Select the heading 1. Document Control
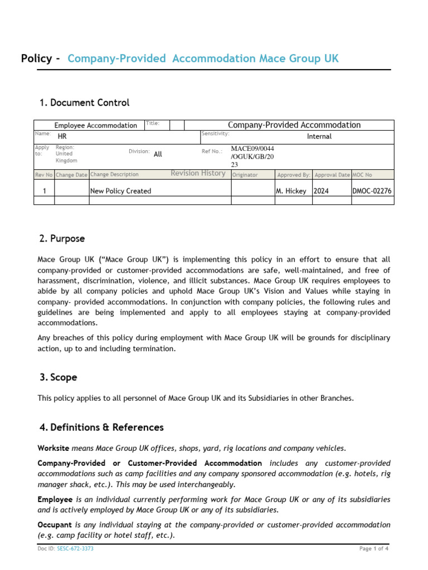pyautogui.click(x=84, y=102)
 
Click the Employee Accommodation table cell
pyautogui.click(x=95, y=125)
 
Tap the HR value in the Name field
pyautogui.click(x=62, y=136)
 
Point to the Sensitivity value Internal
pyautogui.click(x=319, y=136)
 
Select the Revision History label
pyautogui.click(x=198, y=174)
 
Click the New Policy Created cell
pyautogui.click(x=121, y=191)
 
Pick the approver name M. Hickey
pyautogui.click(x=291, y=191)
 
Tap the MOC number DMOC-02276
pyautogui.click(x=372, y=191)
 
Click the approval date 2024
pyautogui.click(x=322, y=191)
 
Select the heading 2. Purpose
pyautogui.click(x=62, y=238)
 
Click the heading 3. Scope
pyautogui.click(x=58, y=377)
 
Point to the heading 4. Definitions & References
pyautogui.click(x=101, y=427)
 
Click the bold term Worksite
pyautogui.click(x=53, y=448)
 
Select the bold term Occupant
pyautogui.click(x=55, y=524)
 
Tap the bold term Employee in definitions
pyautogui.click(x=55, y=499)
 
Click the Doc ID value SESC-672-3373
pyautogui.click(x=75, y=549)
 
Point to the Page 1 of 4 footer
pyautogui.click(x=374, y=549)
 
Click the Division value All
pyautogui.click(x=158, y=154)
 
